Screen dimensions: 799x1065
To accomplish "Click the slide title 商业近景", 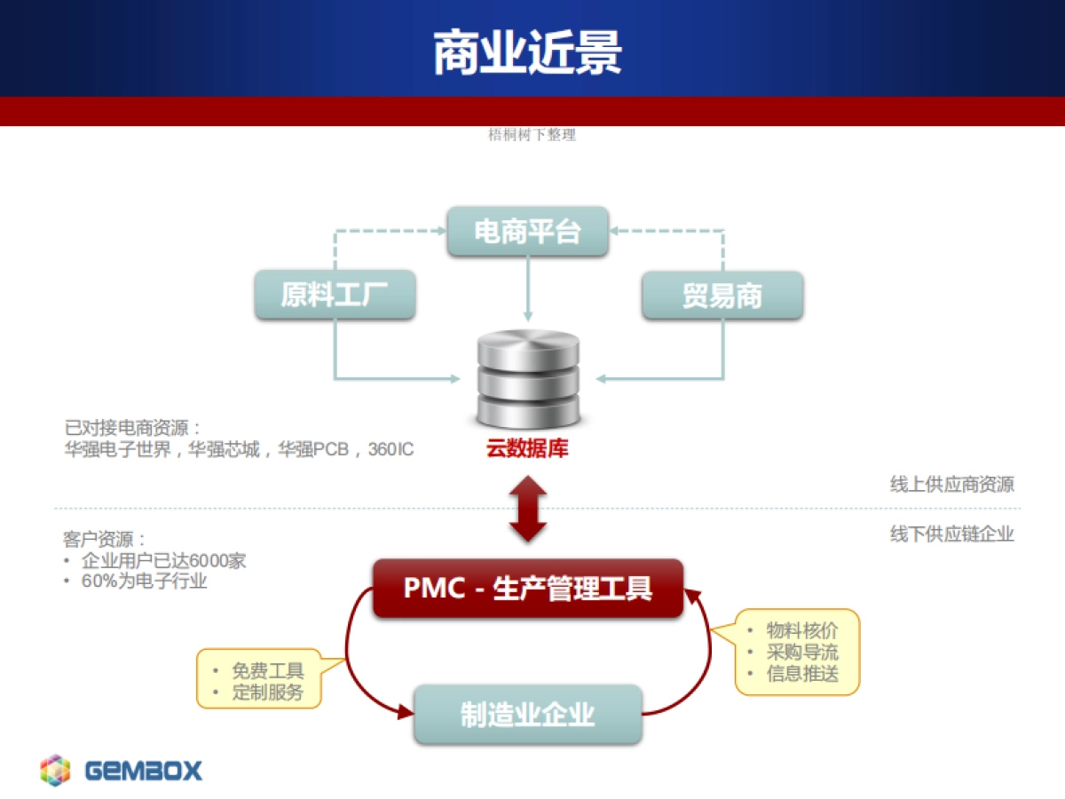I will tap(527, 51).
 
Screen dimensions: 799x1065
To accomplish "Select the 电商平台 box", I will tap(527, 233).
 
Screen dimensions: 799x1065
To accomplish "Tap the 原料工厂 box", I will tap(335, 295).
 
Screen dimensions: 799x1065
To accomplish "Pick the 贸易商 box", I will tap(722, 295).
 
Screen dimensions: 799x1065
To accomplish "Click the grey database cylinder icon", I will tap(528, 380).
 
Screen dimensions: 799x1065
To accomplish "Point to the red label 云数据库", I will tap(527, 449).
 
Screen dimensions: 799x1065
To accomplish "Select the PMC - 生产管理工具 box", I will tap(527, 588).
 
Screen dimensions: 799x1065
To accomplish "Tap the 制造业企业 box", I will tap(527, 715).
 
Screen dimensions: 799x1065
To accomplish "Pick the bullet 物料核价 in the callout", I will tap(801, 631).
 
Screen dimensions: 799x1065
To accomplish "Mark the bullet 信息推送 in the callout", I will tap(801, 674).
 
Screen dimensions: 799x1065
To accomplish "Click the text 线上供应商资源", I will tap(951, 485).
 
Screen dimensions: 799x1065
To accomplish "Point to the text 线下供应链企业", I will tap(951, 534).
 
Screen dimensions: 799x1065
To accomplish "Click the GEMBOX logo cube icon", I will tap(55, 770).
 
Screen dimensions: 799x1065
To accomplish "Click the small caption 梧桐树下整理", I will tap(532, 135).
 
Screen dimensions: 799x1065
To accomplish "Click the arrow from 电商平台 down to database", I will tap(528, 289).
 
